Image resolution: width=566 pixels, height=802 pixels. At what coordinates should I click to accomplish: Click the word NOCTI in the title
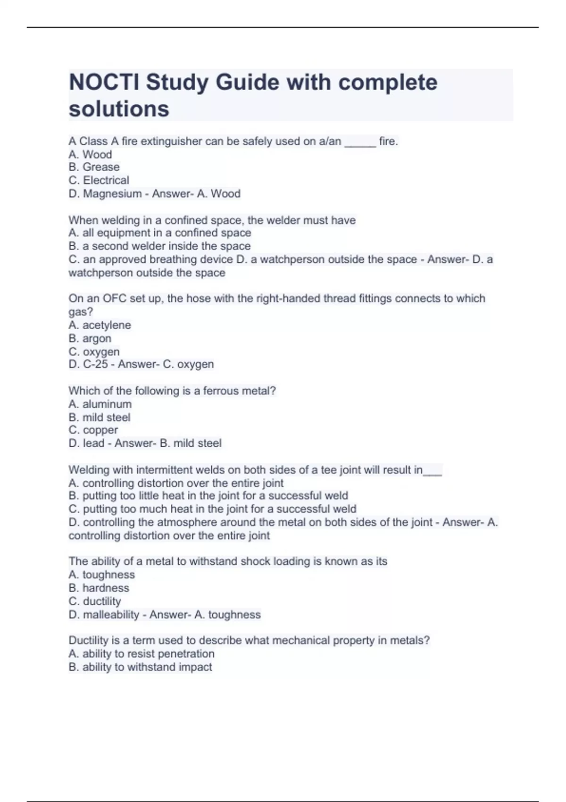click(x=104, y=83)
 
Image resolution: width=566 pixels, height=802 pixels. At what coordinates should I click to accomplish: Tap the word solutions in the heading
click(x=119, y=109)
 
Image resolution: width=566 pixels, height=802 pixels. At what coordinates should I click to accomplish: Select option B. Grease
click(x=94, y=167)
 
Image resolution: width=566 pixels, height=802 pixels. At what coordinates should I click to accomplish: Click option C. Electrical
click(x=99, y=180)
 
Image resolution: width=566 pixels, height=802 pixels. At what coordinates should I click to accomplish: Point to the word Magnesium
click(x=112, y=193)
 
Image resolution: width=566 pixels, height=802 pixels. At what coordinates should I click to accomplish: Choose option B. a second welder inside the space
click(x=159, y=246)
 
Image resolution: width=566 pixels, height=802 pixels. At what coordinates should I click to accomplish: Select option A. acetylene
click(x=100, y=325)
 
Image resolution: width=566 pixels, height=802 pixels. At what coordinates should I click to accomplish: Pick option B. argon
click(x=90, y=338)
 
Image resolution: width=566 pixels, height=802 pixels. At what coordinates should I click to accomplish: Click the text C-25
click(x=95, y=364)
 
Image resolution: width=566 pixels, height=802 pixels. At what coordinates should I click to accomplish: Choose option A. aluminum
click(x=100, y=404)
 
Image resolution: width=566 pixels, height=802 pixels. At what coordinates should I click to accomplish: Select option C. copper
click(x=93, y=430)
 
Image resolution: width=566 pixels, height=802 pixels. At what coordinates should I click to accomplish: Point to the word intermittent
click(x=165, y=470)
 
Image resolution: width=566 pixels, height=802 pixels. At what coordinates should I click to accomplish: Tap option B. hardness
click(x=99, y=588)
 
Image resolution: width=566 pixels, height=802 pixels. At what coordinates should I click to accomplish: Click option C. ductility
click(x=94, y=601)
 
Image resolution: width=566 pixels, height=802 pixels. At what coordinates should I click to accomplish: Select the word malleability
click(x=111, y=615)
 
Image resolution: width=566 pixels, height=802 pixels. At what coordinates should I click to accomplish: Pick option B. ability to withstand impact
click(x=140, y=667)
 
